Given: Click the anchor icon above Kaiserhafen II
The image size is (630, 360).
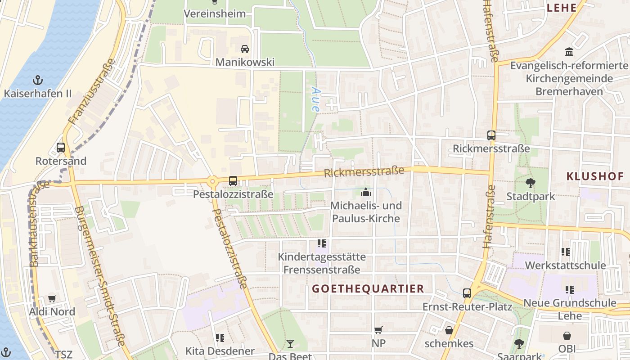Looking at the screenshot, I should tap(38, 81).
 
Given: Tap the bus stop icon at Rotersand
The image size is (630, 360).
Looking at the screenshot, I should tap(60, 148).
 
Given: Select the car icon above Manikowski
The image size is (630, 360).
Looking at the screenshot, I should tap(244, 49).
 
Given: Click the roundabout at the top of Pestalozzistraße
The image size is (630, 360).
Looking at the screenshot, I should tap(212, 181).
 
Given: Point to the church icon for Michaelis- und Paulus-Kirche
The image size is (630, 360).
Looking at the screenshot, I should tap(366, 193).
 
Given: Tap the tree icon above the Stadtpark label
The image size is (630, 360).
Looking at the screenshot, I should tap(531, 183).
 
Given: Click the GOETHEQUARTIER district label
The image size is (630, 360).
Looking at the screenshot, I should tap(368, 289).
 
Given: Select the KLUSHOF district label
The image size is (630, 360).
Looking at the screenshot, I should tap(595, 176).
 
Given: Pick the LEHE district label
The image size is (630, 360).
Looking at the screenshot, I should tap(561, 8).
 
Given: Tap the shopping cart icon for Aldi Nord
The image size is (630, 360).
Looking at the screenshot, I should tap(52, 299).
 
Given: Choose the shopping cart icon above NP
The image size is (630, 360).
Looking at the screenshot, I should tap(378, 330).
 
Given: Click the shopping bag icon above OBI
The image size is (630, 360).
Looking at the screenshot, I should tap(567, 336).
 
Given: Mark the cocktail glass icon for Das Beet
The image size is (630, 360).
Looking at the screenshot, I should tap(290, 344).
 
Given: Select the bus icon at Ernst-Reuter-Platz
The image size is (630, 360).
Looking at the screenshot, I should tap(467, 293).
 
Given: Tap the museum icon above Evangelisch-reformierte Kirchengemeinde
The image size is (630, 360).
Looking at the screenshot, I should tap(569, 52).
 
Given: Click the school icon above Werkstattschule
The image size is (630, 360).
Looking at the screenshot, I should tap(566, 252).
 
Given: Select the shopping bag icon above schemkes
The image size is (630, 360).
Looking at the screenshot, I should tap(449, 330).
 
